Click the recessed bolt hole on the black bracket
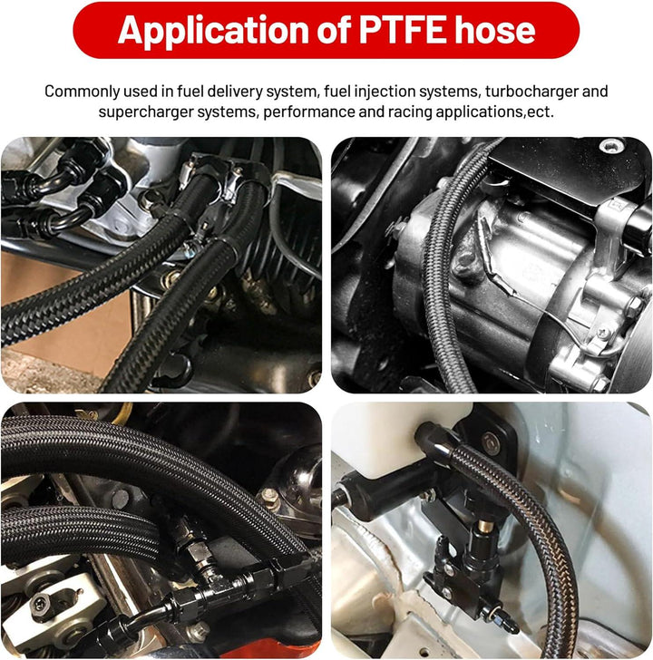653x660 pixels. [x=614, y=145]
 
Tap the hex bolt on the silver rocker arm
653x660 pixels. [x=40, y=605]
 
